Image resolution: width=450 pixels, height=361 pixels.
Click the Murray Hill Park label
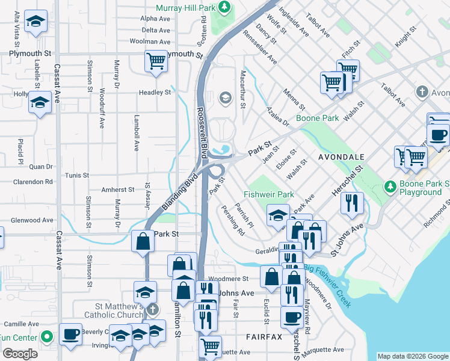(x=185, y=8)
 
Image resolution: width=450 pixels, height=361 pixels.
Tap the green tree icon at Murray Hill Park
(x=224, y=7)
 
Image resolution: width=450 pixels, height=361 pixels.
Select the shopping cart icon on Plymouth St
(x=156, y=61)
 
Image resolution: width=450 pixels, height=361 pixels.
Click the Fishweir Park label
(x=269, y=194)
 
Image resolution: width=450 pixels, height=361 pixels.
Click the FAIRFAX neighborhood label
(x=264, y=336)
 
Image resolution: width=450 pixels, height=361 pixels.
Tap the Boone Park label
(x=317, y=119)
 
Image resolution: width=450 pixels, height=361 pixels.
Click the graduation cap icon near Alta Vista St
(x=37, y=23)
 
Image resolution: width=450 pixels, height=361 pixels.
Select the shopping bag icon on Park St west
(x=143, y=241)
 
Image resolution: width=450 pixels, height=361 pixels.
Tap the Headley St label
(x=155, y=92)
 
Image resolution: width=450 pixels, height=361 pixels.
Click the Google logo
(x=20, y=354)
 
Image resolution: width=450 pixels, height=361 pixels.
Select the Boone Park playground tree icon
(x=390, y=186)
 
